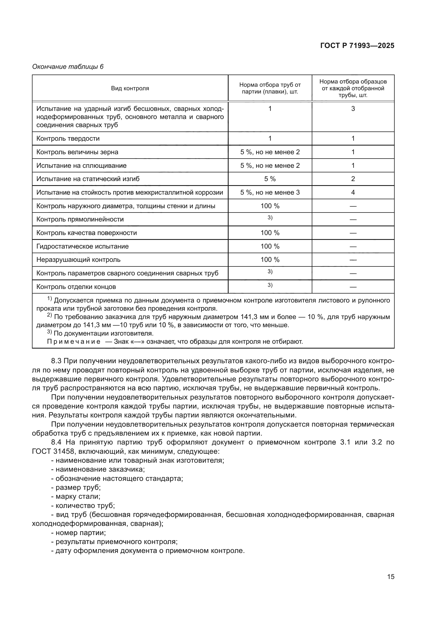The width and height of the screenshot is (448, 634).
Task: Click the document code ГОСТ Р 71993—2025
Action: coord(357,46)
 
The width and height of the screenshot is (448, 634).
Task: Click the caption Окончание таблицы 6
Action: coord(68,67)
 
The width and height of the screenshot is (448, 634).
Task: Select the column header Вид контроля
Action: coord(130,88)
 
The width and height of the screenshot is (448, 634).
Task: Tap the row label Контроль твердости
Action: coord(68,139)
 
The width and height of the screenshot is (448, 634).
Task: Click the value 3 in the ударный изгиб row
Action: coord(353,109)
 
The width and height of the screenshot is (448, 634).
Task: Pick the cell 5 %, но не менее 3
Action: coord(270,192)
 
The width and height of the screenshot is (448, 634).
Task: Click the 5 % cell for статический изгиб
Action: coord(270,179)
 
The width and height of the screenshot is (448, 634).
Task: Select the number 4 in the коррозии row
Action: coord(353,192)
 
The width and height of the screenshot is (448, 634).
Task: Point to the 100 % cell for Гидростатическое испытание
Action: coord(270,246)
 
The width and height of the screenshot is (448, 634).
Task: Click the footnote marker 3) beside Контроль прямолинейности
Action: coord(270,218)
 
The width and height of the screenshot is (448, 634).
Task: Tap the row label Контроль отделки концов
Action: coord(76,287)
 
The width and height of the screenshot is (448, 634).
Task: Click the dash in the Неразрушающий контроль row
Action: coord(353,260)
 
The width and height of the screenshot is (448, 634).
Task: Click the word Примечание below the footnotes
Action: coord(74,342)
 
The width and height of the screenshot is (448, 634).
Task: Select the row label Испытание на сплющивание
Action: coord(81,166)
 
